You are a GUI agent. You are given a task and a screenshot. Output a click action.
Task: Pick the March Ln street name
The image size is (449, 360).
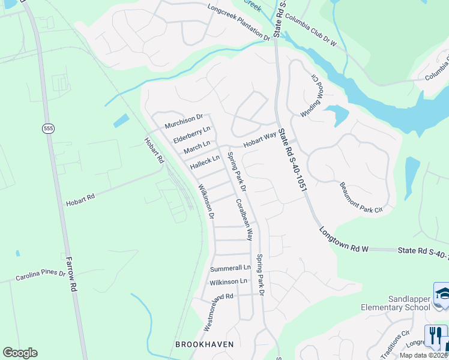[197, 148]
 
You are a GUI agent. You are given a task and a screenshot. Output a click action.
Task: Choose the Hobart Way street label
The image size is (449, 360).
[259, 140]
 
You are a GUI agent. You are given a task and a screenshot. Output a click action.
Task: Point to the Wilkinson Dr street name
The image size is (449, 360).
[207, 202]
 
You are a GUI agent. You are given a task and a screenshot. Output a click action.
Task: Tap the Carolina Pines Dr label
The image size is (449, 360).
[40, 276]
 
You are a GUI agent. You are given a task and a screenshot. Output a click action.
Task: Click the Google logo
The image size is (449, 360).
[20, 353]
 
